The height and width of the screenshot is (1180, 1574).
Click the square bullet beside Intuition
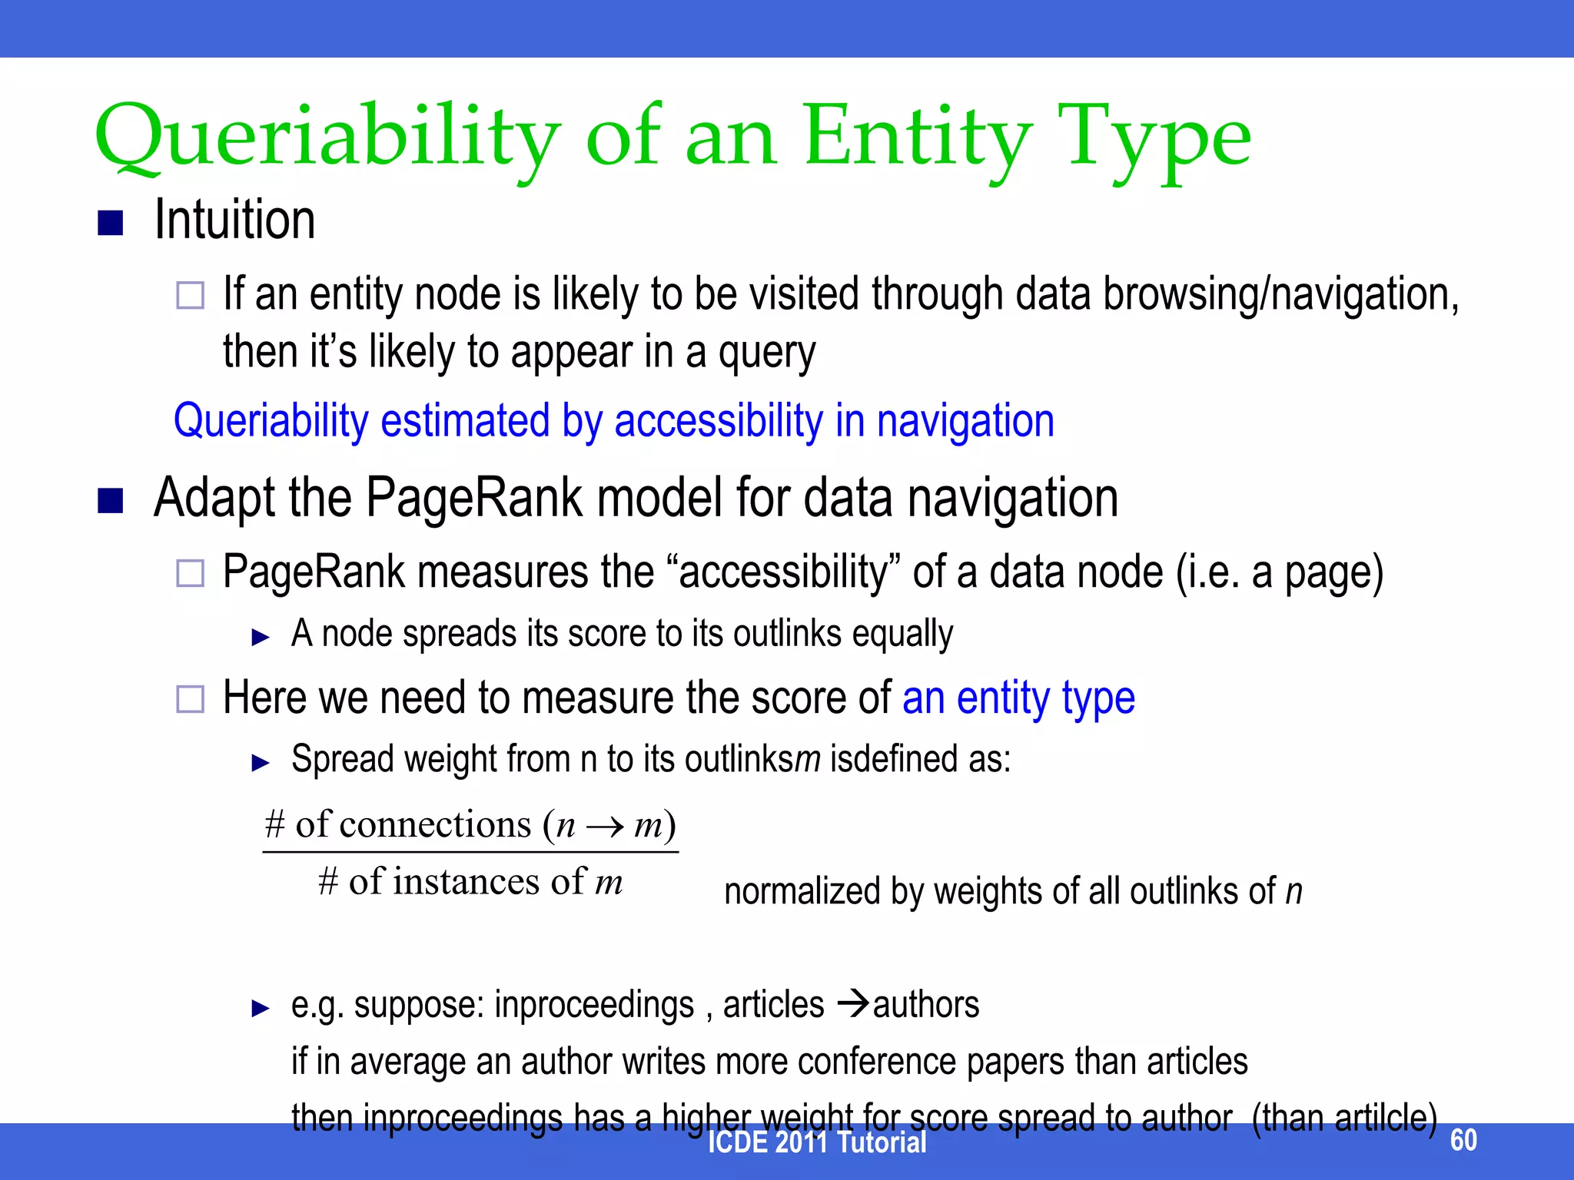(111, 223)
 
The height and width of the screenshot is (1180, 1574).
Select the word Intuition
(234, 220)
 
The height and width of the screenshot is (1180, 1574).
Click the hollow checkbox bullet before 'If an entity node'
(190, 295)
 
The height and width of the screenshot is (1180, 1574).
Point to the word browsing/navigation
(1280, 295)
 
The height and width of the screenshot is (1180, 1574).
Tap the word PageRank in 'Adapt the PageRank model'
(474, 498)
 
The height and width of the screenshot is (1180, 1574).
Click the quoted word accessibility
(784, 572)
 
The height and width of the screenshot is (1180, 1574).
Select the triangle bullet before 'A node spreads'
(261, 637)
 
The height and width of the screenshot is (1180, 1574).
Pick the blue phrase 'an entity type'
(1018, 698)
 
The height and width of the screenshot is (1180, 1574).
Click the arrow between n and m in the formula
(605, 827)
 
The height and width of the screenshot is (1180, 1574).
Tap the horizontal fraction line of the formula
(470, 851)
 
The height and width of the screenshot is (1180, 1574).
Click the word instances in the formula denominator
(467, 881)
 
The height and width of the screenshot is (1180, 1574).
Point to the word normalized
(802, 892)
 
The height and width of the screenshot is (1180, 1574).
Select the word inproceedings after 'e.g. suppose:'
(593, 1005)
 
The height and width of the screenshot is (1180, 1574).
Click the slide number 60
(1463, 1139)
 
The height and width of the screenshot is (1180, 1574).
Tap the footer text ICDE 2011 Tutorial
(816, 1142)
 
